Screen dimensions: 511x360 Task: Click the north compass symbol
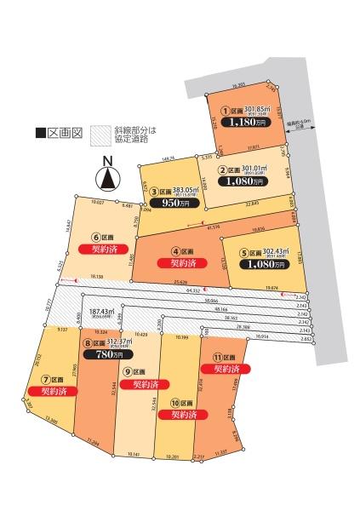pyautogui.click(x=106, y=177)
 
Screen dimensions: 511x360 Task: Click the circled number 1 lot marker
pyautogui.click(x=226, y=110)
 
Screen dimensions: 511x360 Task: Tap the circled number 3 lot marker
pyautogui.click(x=155, y=192)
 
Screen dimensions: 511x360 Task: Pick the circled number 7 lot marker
pyautogui.click(x=48, y=377)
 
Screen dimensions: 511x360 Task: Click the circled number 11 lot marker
pyautogui.click(x=218, y=357)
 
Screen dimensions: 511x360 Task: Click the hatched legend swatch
pyautogui.click(x=100, y=134)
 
